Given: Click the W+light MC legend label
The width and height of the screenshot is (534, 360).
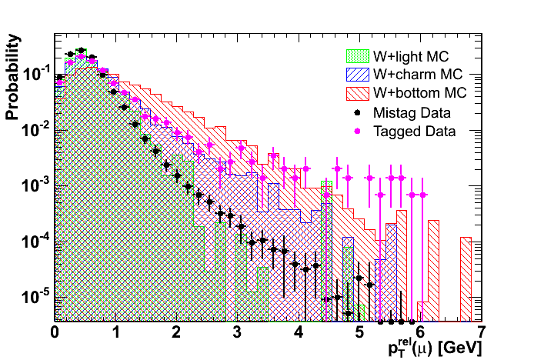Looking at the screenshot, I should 411,57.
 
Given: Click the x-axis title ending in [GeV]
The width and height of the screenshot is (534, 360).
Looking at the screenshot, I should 436,348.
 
